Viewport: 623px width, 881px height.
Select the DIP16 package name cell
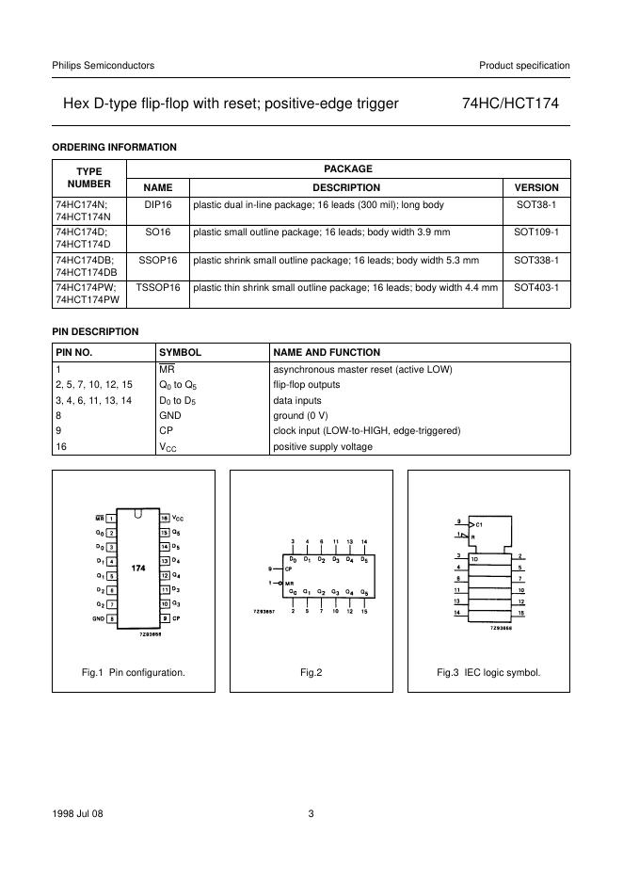pos(157,204)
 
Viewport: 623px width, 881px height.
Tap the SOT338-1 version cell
pos(537,260)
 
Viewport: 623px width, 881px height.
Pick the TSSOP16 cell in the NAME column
pos(157,287)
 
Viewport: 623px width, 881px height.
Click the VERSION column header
pos(537,187)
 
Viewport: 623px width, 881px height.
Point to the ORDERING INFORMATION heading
pos(114,147)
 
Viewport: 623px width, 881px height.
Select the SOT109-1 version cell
pos(537,232)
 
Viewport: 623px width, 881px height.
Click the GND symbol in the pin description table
pos(169,416)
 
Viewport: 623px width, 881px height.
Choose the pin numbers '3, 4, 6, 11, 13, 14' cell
pos(93,401)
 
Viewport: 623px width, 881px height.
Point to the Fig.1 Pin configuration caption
pos(134,672)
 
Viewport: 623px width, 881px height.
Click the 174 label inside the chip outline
pos(137,569)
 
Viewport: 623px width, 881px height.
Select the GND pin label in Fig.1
pos(98,618)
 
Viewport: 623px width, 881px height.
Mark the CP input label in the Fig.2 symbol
pos(290,569)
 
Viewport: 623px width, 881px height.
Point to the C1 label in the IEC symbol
pos(478,522)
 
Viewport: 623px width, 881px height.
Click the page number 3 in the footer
pos(311,813)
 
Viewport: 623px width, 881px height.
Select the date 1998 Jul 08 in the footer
pos(77,813)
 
